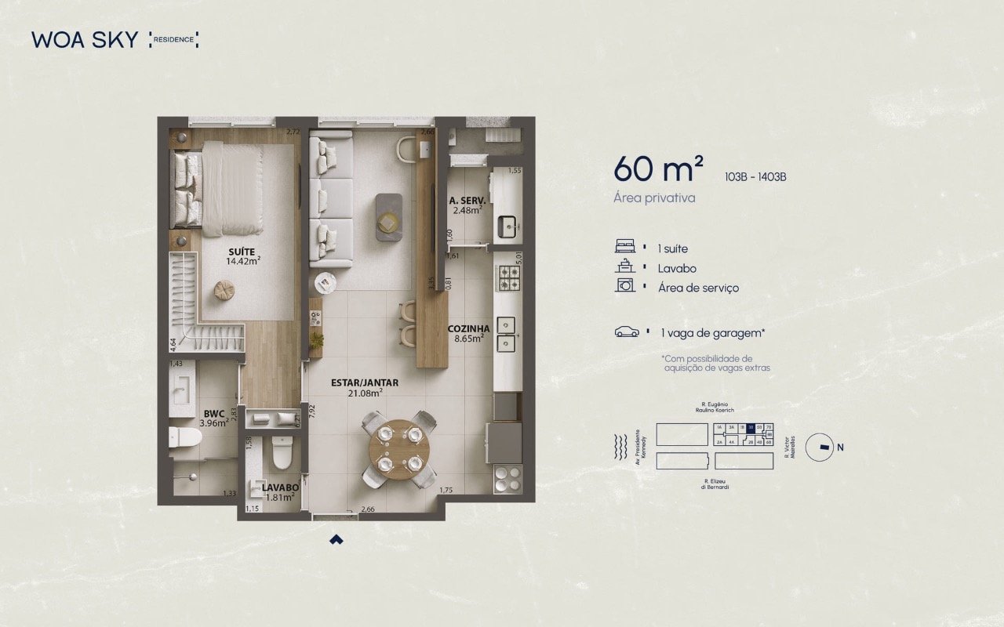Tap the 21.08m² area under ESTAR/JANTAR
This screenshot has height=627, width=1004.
point(366,393)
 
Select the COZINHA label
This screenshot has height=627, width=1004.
point(469,329)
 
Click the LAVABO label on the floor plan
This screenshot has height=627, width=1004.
point(271,487)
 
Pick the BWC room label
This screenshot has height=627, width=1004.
point(214,412)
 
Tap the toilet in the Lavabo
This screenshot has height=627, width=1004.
point(280,451)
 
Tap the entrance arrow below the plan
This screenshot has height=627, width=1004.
point(336,538)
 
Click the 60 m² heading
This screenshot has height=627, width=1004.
point(658,168)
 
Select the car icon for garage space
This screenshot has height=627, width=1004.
point(627,332)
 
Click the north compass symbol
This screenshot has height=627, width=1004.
point(823,448)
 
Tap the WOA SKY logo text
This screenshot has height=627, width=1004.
point(85,39)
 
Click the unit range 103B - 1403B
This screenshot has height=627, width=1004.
point(756,176)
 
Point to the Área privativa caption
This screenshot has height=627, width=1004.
point(654,198)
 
